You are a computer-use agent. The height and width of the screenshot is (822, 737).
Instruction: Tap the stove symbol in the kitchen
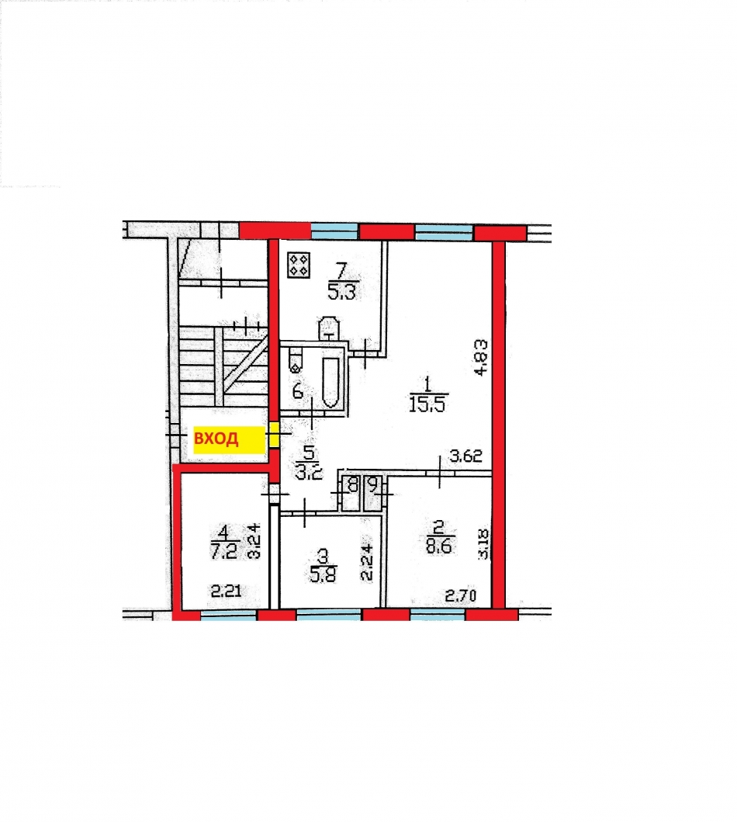click(x=299, y=265)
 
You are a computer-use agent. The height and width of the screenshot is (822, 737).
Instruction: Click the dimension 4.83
click(x=482, y=357)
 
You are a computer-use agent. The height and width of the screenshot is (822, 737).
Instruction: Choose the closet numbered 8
click(x=352, y=487)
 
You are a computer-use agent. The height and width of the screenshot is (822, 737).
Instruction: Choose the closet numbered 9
click(x=374, y=487)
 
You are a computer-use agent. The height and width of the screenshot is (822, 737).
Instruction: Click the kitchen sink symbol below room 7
click(x=329, y=328)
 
